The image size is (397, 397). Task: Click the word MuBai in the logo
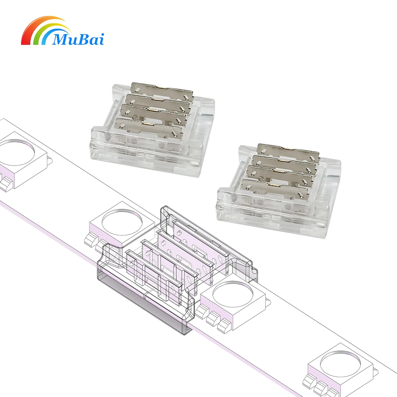(x=77, y=39)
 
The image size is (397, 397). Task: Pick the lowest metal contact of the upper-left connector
(x=147, y=124)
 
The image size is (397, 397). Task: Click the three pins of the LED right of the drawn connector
(x=214, y=318)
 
